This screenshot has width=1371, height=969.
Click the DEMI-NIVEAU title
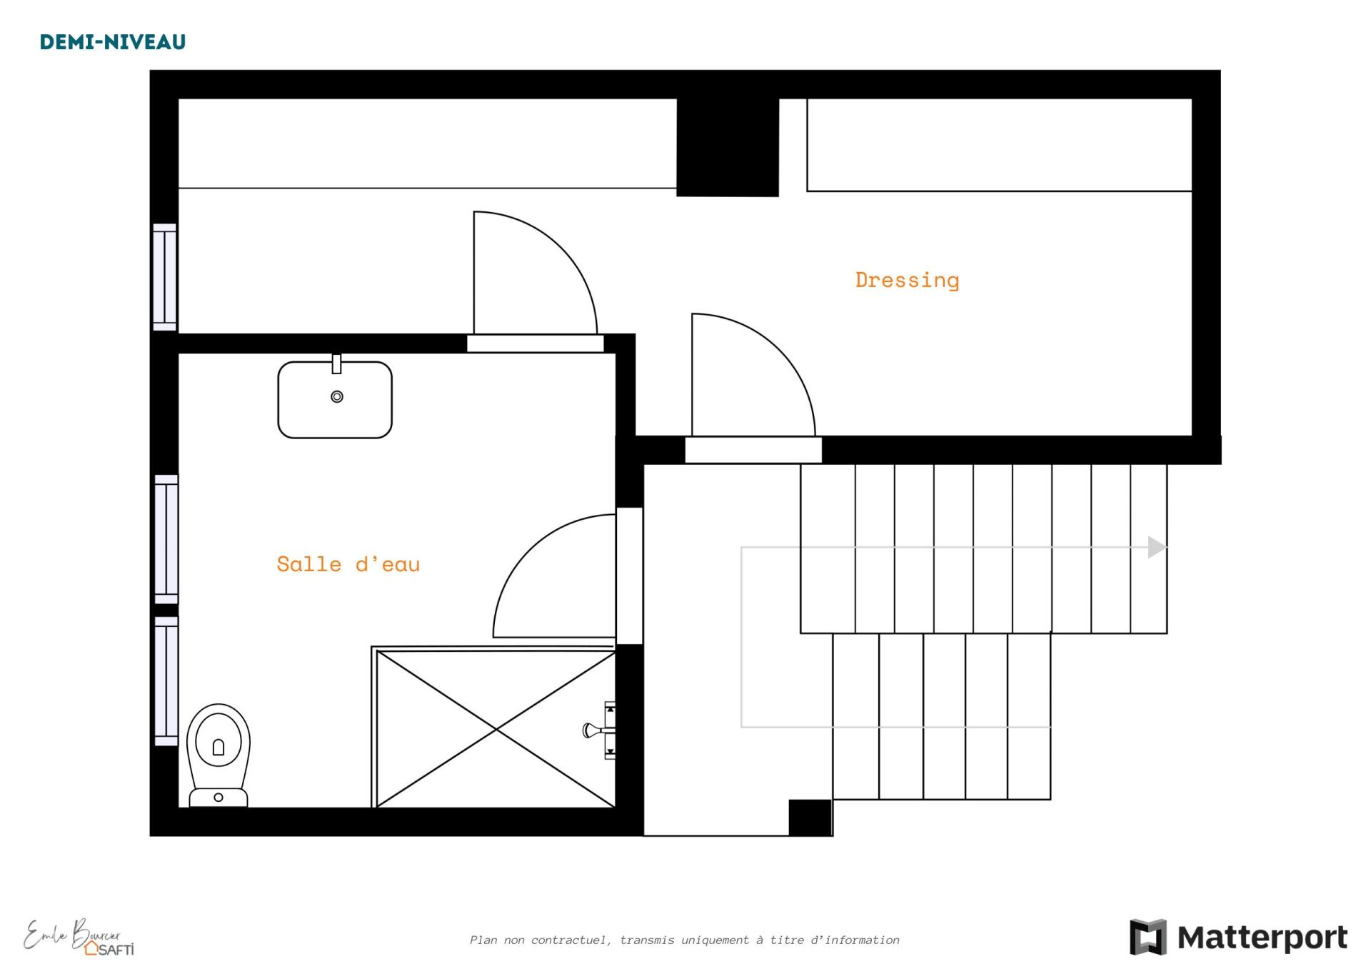click(x=113, y=42)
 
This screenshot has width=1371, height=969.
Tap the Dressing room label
click(x=907, y=280)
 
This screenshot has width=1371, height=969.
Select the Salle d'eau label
click(x=348, y=564)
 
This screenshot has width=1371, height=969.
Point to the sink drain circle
click(x=337, y=396)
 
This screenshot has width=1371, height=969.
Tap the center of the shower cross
click(x=496, y=729)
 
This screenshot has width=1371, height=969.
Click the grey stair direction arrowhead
click(x=1157, y=547)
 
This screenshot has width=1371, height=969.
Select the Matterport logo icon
click(x=1147, y=937)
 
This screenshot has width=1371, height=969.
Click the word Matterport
click(x=1262, y=938)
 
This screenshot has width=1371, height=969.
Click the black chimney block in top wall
click(x=728, y=147)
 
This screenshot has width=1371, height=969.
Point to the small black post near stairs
click(x=810, y=817)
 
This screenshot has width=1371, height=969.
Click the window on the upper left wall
click(x=165, y=277)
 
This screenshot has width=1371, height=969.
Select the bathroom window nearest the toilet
click(x=166, y=681)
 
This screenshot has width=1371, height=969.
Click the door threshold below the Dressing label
click(x=753, y=450)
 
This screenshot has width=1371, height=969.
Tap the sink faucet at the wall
click(x=336, y=363)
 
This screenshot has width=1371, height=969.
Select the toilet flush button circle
click(x=219, y=797)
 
